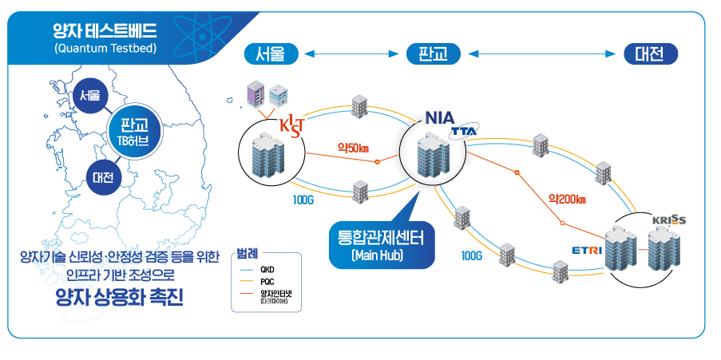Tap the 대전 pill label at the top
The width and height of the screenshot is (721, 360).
650,54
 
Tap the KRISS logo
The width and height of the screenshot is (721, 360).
668,220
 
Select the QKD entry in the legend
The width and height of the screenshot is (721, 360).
267,271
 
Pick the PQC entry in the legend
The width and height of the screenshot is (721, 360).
267,282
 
